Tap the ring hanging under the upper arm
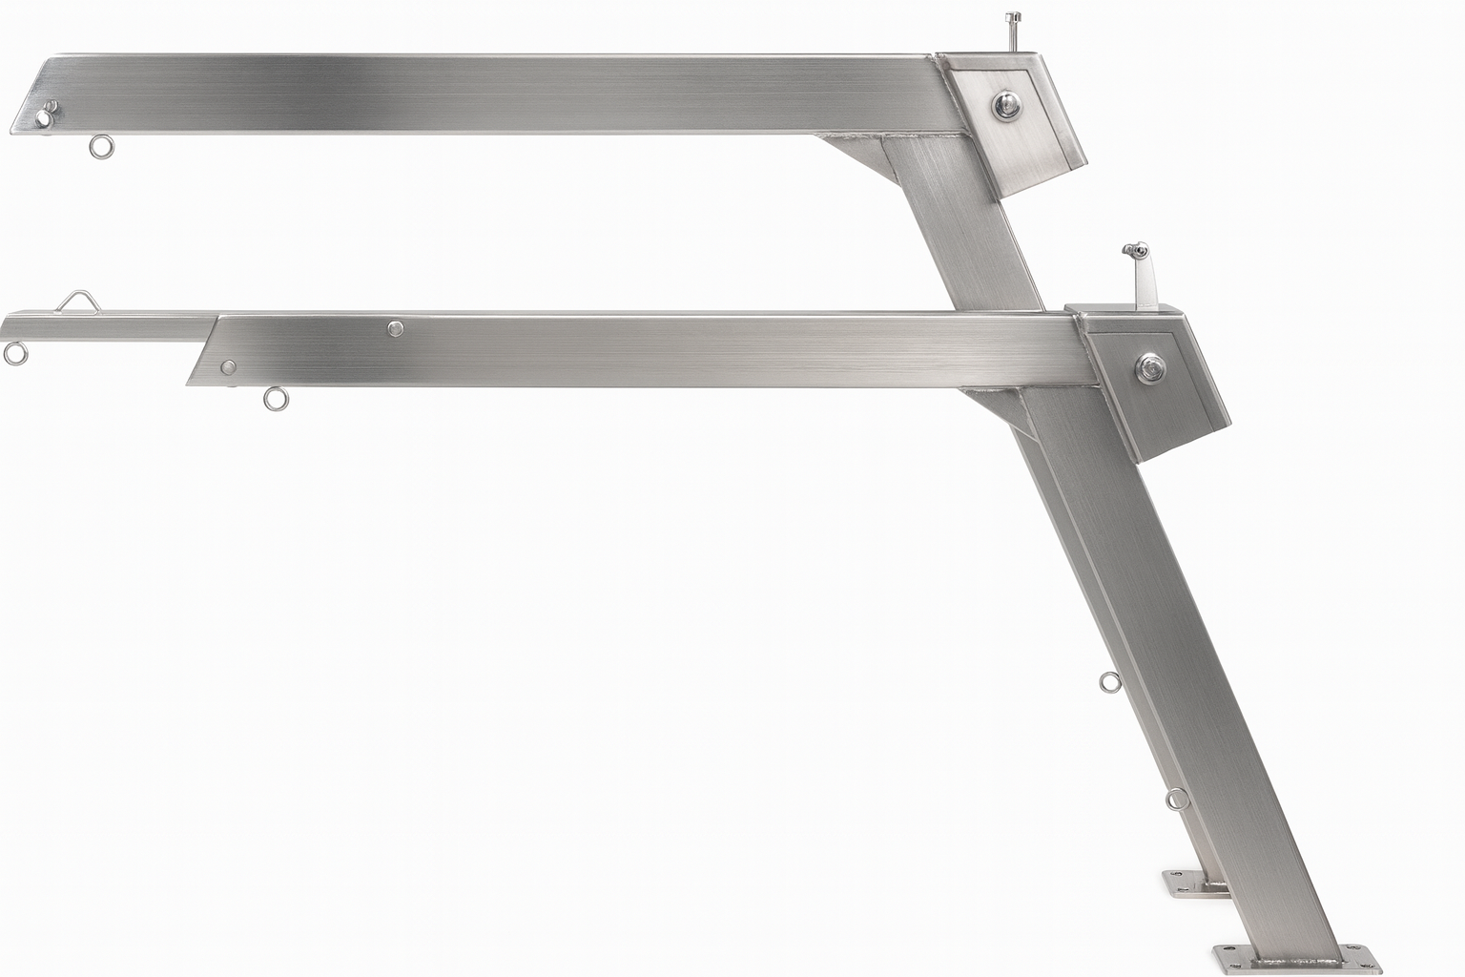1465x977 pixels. coord(99,146)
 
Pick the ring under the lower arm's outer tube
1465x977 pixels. coord(275,397)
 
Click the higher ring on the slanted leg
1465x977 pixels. coord(1108,681)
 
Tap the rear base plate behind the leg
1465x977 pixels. coord(1187,883)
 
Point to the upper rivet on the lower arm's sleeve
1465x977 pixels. coord(395,329)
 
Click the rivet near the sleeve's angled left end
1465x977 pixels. coord(228,366)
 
